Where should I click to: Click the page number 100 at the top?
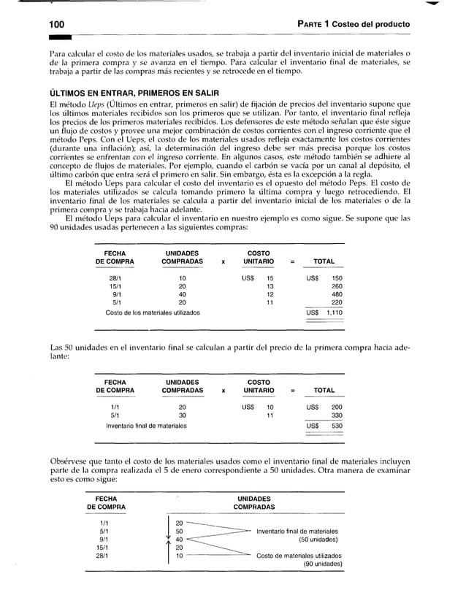(50, 26)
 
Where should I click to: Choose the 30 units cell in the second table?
(183, 415)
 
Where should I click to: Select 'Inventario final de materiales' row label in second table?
(146, 425)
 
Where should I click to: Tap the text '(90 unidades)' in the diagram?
(322, 564)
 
